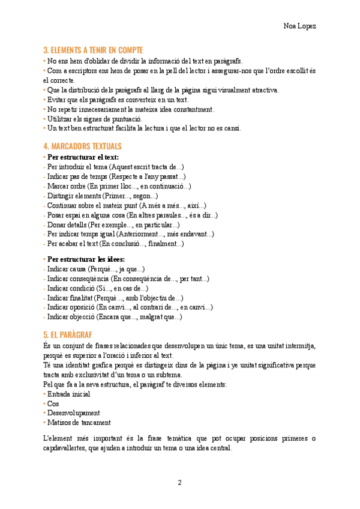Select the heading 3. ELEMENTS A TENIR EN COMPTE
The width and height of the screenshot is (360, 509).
click(93, 50)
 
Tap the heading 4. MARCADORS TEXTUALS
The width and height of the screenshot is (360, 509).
click(82, 146)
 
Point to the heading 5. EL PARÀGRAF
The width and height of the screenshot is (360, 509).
click(67, 334)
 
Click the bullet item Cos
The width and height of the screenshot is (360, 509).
click(53, 403)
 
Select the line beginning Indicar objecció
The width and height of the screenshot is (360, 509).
click(114, 317)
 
